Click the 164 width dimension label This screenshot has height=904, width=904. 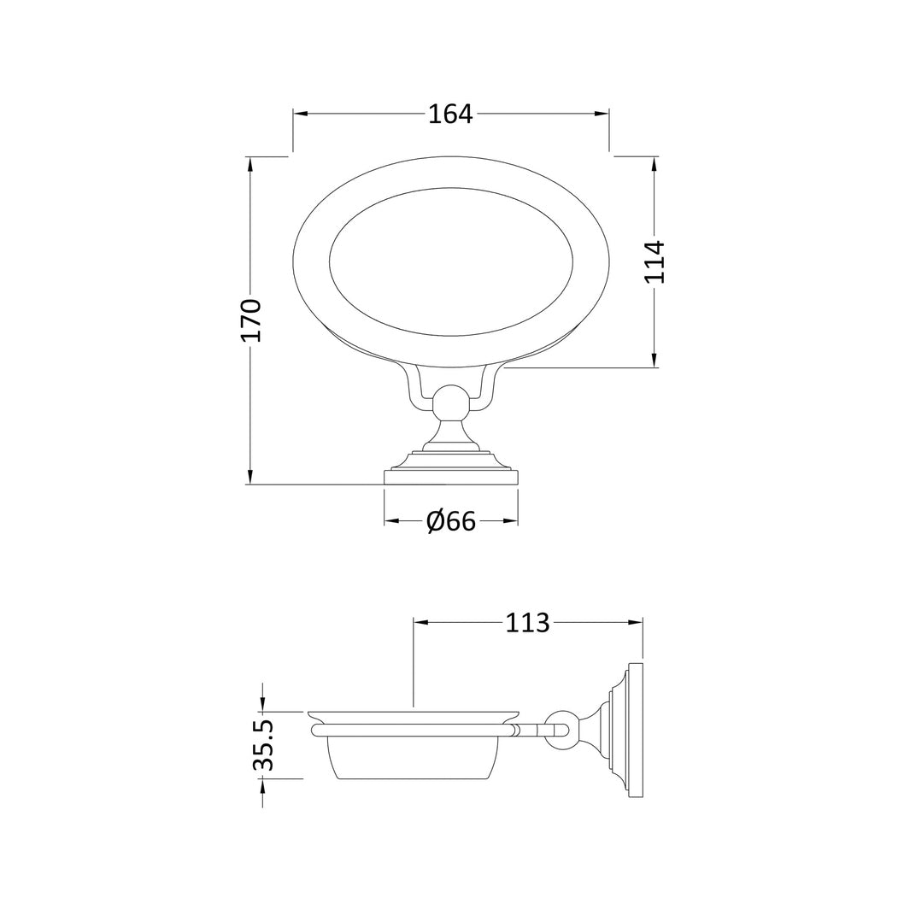pyautogui.click(x=450, y=114)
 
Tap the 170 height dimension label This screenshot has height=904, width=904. pyautogui.click(x=252, y=320)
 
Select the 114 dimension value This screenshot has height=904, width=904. pyautogui.click(x=655, y=261)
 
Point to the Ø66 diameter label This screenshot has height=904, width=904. pyautogui.click(x=451, y=522)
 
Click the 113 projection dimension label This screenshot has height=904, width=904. pyautogui.click(x=527, y=623)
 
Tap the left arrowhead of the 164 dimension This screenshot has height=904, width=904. pyautogui.click(x=301, y=114)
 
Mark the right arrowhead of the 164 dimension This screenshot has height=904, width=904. pyautogui.click(x=602, y=114)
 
